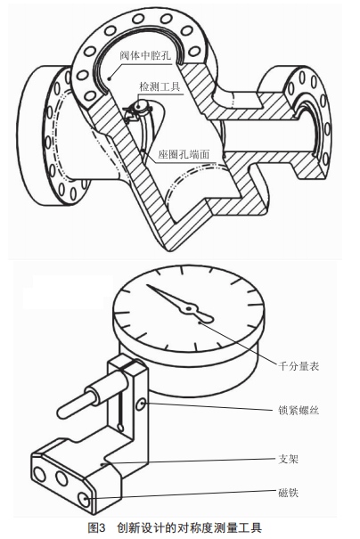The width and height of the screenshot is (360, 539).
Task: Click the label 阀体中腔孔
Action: tap(145, 55)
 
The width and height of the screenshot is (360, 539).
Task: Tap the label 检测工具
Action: tap(160, 86)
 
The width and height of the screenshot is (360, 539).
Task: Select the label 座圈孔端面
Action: tap(184, 155)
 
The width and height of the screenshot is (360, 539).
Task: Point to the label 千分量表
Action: tap(299, 366)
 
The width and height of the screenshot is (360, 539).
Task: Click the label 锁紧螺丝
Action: tap(299, 410)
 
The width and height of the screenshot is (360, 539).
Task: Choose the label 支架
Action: tap(288, 459)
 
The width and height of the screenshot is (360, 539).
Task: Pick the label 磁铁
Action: tap(288, 493)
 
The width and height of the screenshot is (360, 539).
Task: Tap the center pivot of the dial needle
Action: tap(188, 309)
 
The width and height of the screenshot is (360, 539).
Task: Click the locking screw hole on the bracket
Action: tap(141, 404)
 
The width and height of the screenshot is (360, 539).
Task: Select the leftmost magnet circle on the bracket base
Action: tap(39, 475)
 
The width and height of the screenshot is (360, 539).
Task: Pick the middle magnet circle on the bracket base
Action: tap(61, 478)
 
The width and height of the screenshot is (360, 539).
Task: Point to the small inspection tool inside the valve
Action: tap(139, 110)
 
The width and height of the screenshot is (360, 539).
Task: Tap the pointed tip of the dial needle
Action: tap(147, 285)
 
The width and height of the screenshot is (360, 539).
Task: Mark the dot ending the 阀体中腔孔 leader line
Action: tap(110, 78)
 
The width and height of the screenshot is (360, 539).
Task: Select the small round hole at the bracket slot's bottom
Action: tap(120, 427)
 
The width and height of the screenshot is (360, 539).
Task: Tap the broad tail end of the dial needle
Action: tap(206, 318)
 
